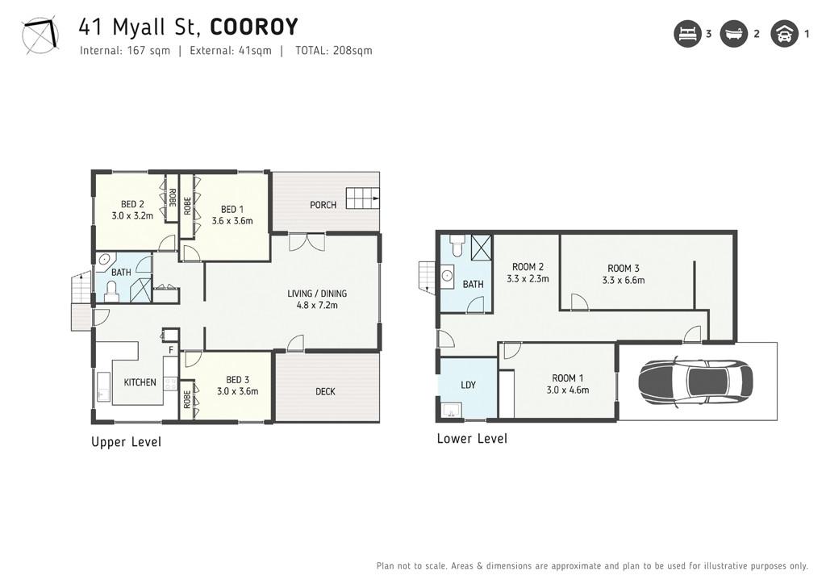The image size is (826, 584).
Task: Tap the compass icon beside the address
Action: click(x=40, y=35)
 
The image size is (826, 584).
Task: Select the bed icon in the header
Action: click(x=687, y=34)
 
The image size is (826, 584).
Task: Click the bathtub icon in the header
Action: click(x=734, y=34)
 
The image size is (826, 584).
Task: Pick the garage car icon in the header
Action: click(x=784, y=34)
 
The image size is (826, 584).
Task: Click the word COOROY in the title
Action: click(x=254, y=27)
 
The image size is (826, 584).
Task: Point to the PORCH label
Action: click(x=323, y=205)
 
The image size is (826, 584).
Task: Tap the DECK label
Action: click(x=325, y=391)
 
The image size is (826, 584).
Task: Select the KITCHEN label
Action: click(x=140, y=382)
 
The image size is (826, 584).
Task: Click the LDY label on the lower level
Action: click(x=468, y=385)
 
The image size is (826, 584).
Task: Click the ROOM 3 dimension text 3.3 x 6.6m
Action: click(x=624, y=280)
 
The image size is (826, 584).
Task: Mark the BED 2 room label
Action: click(x=132, y=204)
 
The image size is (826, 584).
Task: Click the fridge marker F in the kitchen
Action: click(x=171, y=350)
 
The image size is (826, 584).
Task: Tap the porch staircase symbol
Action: click(x=362, y=198)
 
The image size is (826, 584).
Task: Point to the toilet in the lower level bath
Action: click(x=457, y=245)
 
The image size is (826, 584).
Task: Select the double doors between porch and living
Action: click(x=307, y=242)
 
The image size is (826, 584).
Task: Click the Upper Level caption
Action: click(x=126, y=442)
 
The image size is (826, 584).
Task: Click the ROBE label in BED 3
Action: click(x=187, y=400)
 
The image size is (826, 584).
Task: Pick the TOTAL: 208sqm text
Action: click(x=333, y=51)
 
